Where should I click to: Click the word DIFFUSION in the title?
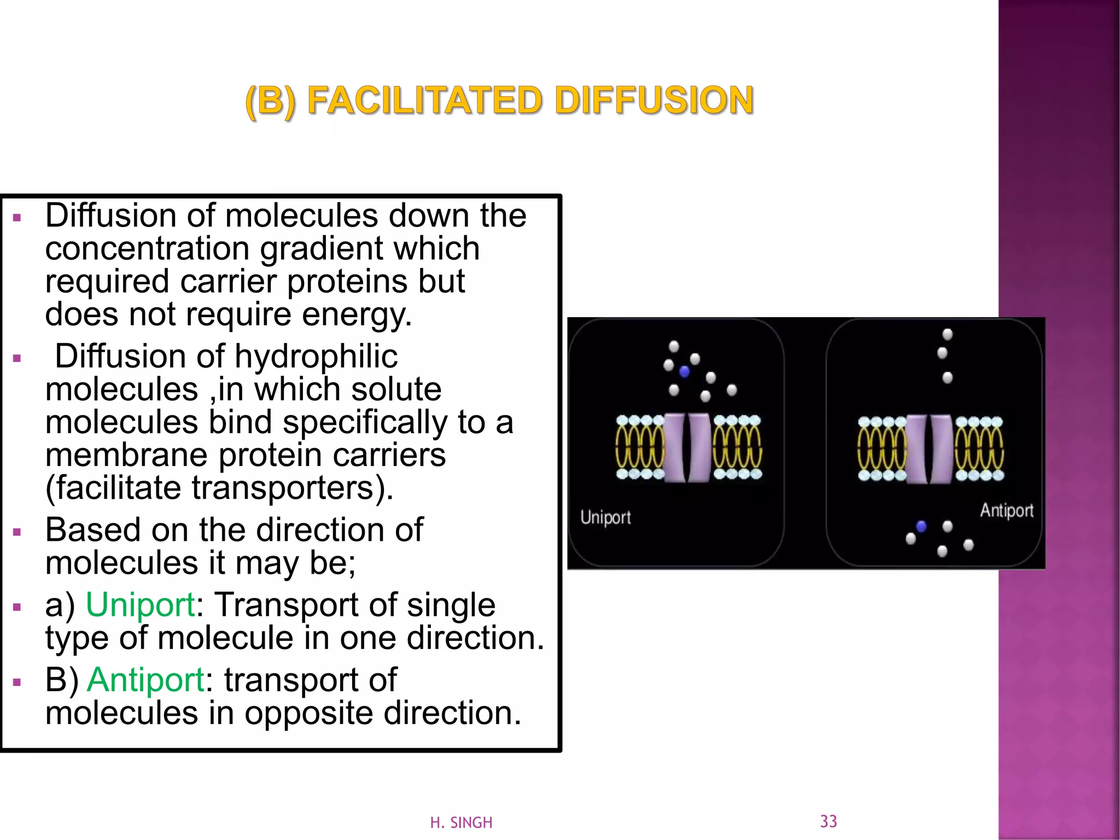click(x=654, y=101)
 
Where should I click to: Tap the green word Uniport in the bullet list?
click(x=141, y=605)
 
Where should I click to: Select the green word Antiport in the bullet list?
click(x=145, y=680)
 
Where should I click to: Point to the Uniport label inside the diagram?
click(x=605, y=517)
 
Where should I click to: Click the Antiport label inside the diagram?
click(x=1006, y=510)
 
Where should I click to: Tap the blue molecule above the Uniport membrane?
click(x=684, y=372)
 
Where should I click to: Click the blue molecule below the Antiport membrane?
click(x=921, y=526)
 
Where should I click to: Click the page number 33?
click(x=829, y=821)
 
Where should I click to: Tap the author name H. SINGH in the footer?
click(x=461, y=822)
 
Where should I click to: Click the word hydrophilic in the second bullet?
click(x=316, y=357)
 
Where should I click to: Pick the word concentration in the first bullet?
click(x=147, y=249)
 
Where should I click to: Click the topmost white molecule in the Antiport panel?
click(x=948, y=334)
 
